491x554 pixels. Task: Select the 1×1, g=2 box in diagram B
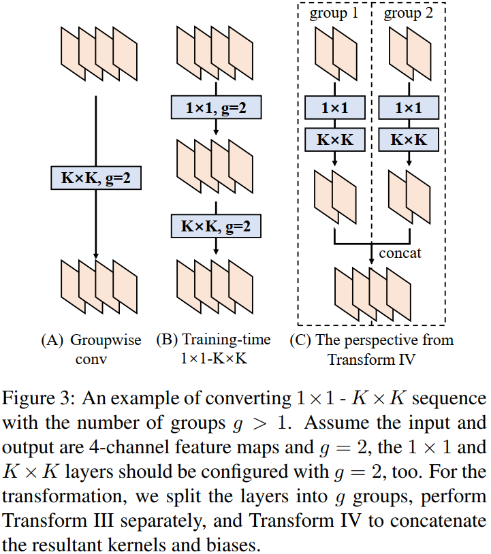click(x=215, y=107)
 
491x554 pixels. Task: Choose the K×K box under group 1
click(x=335, y=140)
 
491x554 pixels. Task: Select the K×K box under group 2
click(x=408, y=140)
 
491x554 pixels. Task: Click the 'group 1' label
click(x=334, y=14)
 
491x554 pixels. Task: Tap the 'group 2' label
click(x=407, y=14)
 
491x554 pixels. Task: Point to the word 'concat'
click(x=399, y=253)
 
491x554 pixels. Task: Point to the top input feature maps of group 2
click(x=408, y=50)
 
